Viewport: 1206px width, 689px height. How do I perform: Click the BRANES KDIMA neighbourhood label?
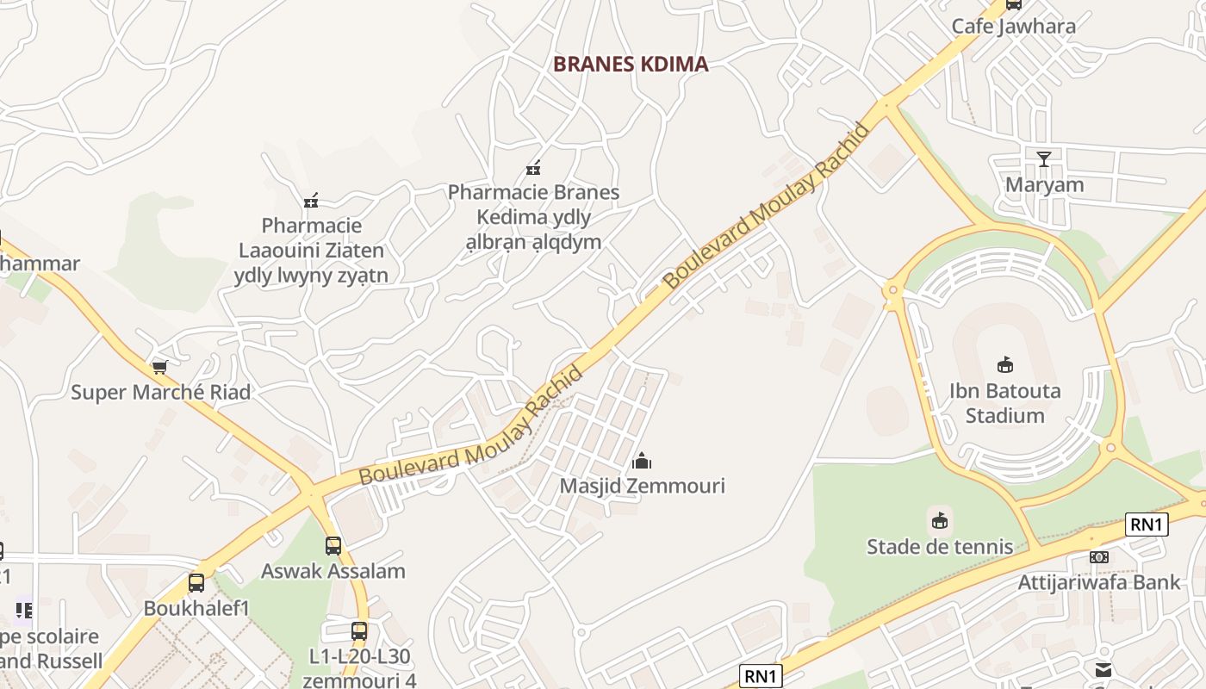click(x=631, y=64)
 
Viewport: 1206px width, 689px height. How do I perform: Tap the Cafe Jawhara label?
click(x=1013, y=26)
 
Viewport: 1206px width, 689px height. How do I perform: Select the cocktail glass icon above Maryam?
click(x=1044, y=158)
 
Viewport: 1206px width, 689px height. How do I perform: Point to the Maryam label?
click(x=1044, y=185)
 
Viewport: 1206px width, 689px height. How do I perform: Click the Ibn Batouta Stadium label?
click(x=1004, y=403)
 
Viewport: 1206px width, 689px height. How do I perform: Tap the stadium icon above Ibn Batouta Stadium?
click(x=1004, y=364)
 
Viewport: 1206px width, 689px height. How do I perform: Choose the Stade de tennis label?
click(x=940, y=546)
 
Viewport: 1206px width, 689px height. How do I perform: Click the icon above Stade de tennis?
click(x=940, y=520)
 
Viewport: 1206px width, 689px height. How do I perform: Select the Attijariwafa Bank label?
click(x=1099, y=582)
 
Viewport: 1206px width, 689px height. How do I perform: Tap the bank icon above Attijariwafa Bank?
click(x=1098, y=556)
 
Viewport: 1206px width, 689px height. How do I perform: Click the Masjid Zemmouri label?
click(x=642, y=486)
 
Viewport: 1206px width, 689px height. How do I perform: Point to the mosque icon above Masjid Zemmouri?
click(x=642, y=461)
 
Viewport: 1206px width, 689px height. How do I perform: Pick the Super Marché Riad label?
click(x=160, y=392)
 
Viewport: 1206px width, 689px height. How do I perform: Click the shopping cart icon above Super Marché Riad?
click(x=159, y=368)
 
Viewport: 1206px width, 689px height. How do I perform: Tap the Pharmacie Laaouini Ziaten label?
click(x=311, y=251)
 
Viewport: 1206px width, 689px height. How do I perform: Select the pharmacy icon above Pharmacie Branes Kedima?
click(x=533, y=167)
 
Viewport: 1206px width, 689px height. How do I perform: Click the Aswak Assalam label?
click(x=333, y=571)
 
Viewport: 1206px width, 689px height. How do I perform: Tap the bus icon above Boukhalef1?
click(x=196, y=583)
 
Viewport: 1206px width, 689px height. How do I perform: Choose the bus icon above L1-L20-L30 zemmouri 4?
click(x=359, y=630)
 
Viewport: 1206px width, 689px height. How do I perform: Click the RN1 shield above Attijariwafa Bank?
click(x=1147, y=524)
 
